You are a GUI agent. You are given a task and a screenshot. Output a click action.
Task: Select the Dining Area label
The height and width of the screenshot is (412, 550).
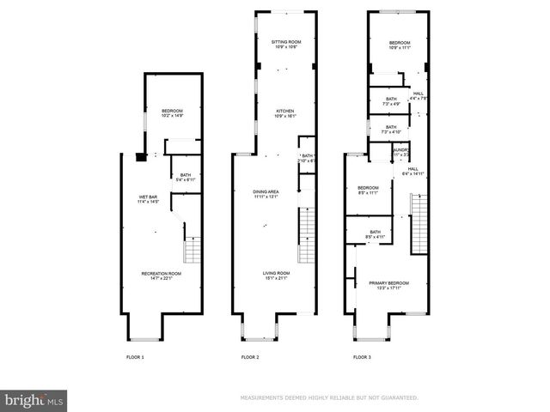coord(266,193)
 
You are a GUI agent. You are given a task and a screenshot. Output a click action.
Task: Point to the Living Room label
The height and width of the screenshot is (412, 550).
coord(276,276)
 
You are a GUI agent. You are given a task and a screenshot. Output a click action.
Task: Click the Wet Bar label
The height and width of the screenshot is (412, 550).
coord(148,201)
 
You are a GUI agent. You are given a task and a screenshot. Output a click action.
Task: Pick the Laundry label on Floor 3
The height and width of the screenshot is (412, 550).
coord(400,152)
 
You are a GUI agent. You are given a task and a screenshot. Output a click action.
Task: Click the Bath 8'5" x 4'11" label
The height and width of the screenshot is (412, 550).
coord(375,234)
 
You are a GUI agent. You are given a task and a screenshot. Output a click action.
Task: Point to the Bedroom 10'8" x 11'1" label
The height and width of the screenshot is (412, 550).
coord(400,45)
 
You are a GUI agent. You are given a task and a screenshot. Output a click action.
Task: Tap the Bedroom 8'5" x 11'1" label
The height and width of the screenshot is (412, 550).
coord(368,191)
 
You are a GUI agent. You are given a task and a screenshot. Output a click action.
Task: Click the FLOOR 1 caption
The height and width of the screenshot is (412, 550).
coord(136,356)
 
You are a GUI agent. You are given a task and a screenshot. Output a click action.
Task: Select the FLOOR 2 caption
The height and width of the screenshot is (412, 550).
coord(250,356)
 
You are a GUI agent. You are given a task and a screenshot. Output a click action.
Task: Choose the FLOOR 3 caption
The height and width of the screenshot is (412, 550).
coord(363,356)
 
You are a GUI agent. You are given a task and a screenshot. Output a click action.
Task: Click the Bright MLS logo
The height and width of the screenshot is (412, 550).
coord(34,398)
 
